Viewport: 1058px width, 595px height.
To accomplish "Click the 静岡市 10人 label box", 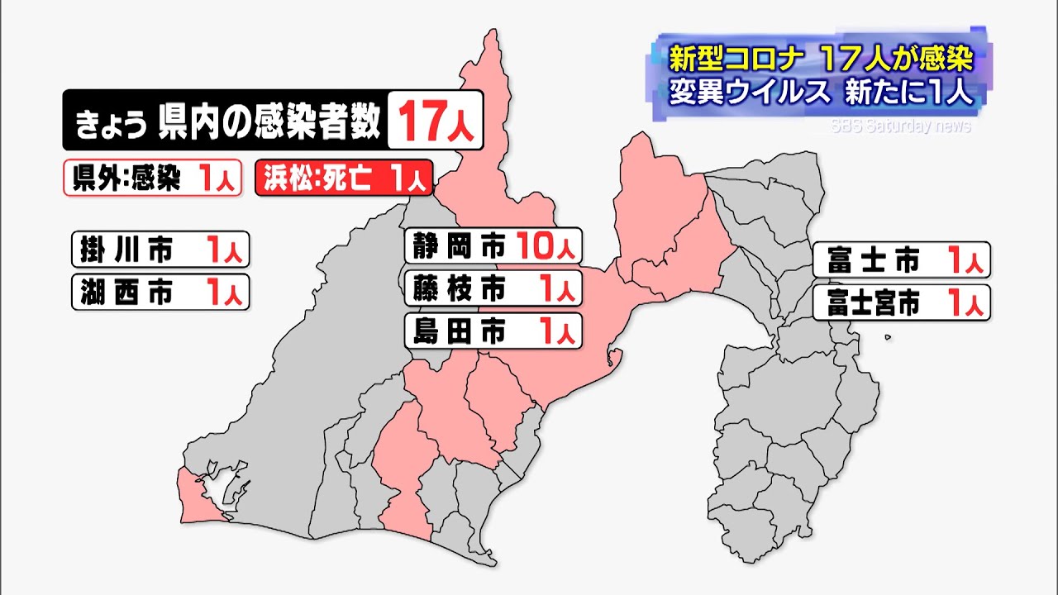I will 493,245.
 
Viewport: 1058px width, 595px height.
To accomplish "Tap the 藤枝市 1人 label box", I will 493,288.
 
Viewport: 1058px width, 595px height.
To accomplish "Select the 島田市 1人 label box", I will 493,331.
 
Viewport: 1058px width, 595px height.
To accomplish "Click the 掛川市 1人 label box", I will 160,249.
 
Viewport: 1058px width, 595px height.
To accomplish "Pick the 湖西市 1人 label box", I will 160,292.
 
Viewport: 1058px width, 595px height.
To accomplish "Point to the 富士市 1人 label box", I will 900,261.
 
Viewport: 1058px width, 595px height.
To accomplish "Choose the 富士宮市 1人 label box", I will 900,303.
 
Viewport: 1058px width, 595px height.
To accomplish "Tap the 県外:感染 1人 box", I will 153,178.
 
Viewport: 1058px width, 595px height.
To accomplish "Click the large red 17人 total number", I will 436,121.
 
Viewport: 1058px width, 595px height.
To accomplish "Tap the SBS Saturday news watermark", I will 900,126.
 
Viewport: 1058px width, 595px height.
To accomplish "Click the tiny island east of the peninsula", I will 888,336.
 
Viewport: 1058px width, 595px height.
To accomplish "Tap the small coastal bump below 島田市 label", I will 612,358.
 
